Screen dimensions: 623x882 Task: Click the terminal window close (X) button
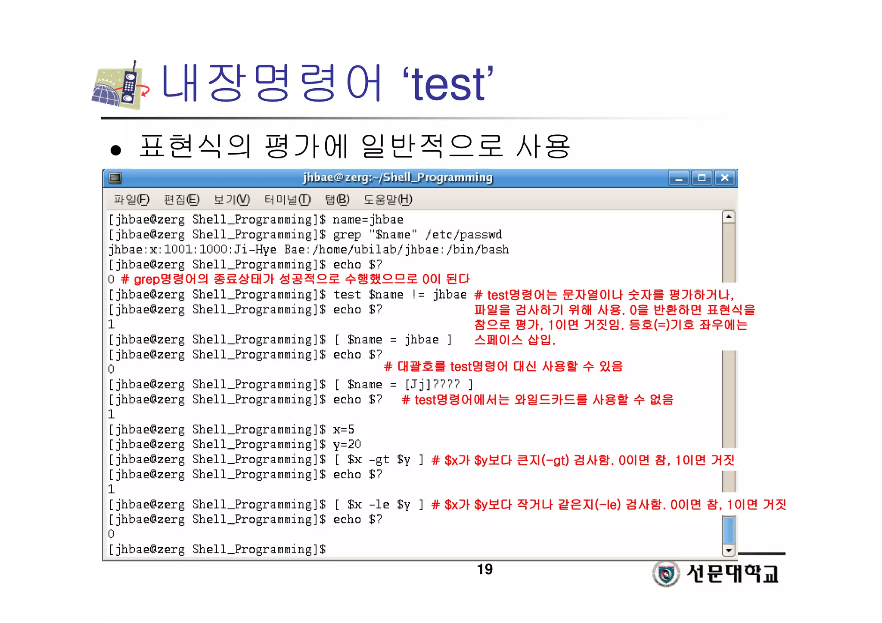pyautogui.click(x=725, y=177)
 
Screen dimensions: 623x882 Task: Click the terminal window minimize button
pyautogui.click(x=679, y=177)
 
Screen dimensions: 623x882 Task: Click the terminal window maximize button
pyautogui.click(x=702, y=177)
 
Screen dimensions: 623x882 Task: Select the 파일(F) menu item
pyautogui.click(x=131, y=199)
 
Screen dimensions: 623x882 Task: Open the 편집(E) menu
pyautogui.click(x=181, y=199)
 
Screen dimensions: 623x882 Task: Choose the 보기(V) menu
pyautogui.click(x=232, y=199)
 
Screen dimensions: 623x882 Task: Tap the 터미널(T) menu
pyautogui.click(x=287, y=199)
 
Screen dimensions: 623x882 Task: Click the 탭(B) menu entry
pyautogui.click(x=337, y=199)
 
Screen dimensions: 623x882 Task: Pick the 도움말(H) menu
pyautogui.click(x=388, y=199)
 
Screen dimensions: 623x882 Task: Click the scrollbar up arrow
pyautogui.click(x=728, y=217)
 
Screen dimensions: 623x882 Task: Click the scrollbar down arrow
pyautogui.click(x=728, y=550)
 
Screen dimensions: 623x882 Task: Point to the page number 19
pyautogui.click(x=484, y=569)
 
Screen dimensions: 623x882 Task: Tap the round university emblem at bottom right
pyautogui.click(x=666, y=573)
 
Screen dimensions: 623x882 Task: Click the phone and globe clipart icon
pyautogui.click(x=121, y=86)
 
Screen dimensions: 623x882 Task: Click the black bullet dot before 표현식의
pyautogui.click(x=115, y=150)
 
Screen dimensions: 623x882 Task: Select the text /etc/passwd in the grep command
pyautogui.click(x=463, y=235)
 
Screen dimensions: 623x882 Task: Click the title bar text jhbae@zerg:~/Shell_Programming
pyautogui.click(x=398, y=177)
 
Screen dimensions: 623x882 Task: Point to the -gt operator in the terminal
pyautogui.click(x=379, y=460)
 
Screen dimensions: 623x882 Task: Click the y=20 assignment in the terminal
pyautogui.click(x=347, y=444)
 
